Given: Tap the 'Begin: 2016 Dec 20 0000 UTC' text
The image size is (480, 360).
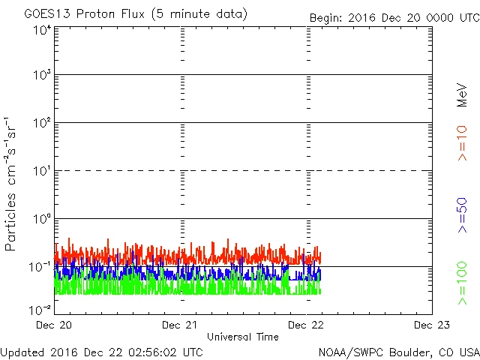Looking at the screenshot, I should click(394, 18).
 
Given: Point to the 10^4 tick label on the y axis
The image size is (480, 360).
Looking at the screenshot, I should click(42, 29).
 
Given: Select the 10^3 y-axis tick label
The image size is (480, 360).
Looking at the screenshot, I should click(42, 75).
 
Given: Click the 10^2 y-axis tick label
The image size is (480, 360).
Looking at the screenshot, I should click(42, 123).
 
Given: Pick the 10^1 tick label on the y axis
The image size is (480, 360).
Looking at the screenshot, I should click(42, 171).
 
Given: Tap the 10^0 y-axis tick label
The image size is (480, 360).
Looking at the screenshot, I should click(42, 219).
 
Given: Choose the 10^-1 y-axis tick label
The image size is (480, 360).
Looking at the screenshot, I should click(40, 266).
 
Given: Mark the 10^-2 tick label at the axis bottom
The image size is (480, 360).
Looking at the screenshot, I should click(40, 309).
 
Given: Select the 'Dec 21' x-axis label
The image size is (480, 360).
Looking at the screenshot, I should click(181, 325).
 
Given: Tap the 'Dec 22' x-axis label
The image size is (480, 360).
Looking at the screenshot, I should click(307, 325).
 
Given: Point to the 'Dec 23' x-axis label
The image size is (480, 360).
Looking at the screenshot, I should click(431, 325).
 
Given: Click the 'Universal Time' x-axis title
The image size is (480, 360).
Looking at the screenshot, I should click(242, 337).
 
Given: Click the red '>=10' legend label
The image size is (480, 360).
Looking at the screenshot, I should click(463, 142).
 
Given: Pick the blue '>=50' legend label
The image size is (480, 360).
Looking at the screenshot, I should click(463, 214).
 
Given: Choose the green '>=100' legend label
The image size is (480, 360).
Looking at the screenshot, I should click(463, 283).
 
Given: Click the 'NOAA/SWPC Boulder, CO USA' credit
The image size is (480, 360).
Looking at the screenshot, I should click(398, 351).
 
